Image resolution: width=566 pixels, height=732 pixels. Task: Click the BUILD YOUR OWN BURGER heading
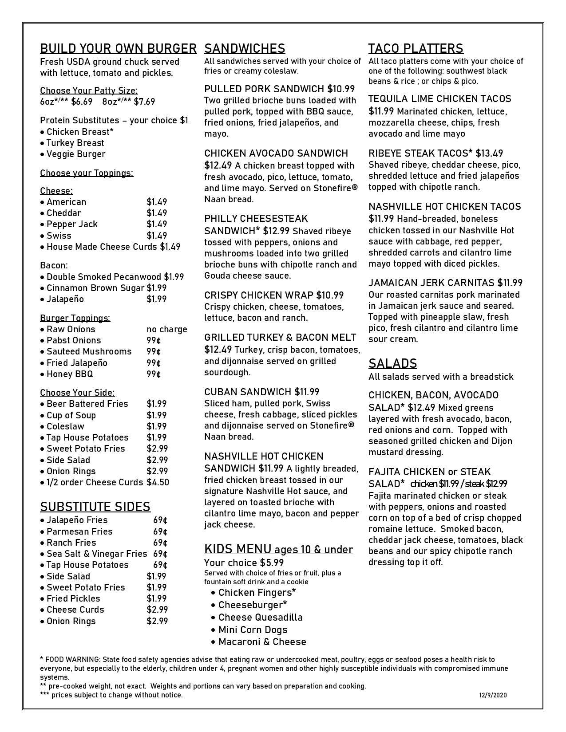[x=118, y=48]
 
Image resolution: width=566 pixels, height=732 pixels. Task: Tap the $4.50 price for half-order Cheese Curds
[x=158, y=482]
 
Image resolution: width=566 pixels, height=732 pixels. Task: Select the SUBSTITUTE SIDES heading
[x=95, y=507]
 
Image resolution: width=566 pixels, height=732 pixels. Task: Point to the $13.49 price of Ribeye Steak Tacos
[x=489, y=153]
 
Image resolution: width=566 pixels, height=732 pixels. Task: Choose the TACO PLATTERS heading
[x=416, y=48]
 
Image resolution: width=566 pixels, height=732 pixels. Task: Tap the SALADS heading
[x=392, y=363]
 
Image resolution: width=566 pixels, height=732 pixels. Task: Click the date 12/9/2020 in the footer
[x=493, y=695]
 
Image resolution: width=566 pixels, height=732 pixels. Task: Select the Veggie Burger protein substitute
[x=76, y=154]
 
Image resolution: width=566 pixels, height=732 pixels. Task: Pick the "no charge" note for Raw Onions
[x=166, y=329]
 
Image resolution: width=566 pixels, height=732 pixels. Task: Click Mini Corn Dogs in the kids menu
[x=253, y=630]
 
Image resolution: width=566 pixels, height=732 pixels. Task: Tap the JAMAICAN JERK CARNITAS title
[x=431, y=283]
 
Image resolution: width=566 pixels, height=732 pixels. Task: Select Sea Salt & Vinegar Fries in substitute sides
[x=97, y=554]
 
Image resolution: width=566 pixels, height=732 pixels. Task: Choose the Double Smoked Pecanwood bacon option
[x=104, y=277]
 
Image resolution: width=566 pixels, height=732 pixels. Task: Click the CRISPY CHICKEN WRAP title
[x=259, y=295]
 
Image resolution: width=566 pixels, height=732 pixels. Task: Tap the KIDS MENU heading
[x=237, y=549]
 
